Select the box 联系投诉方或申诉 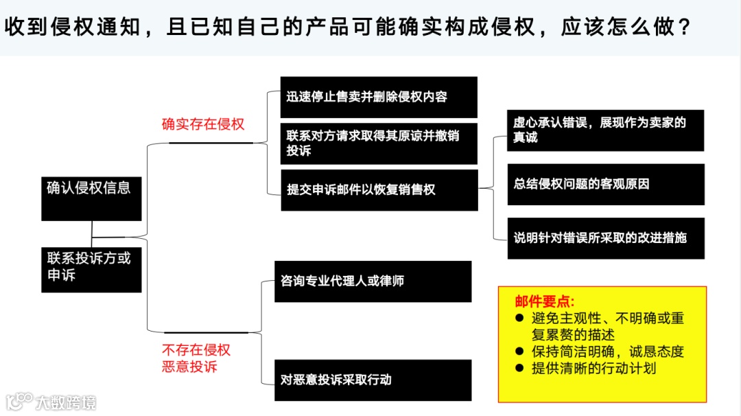[x=91, y=269]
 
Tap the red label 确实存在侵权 [x=203, y=124]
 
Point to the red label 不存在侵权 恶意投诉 [x=196, y=358]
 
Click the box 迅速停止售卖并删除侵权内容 [x=379, y=97]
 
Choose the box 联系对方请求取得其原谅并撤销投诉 [x=379, y=143]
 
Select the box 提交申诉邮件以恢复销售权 [x=379, y=190]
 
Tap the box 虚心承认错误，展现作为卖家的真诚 [x=605, y=130]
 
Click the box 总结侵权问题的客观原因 [x=605, y=184]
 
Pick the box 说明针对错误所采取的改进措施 [x=605, y=238]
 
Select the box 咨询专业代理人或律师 [x=373, y=281]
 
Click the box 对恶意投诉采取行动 [x=373, y=380]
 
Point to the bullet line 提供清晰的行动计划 [x=593, y=368]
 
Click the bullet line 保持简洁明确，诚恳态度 [x=607, y=351]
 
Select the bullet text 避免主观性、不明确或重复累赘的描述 [x=607, y=327]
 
